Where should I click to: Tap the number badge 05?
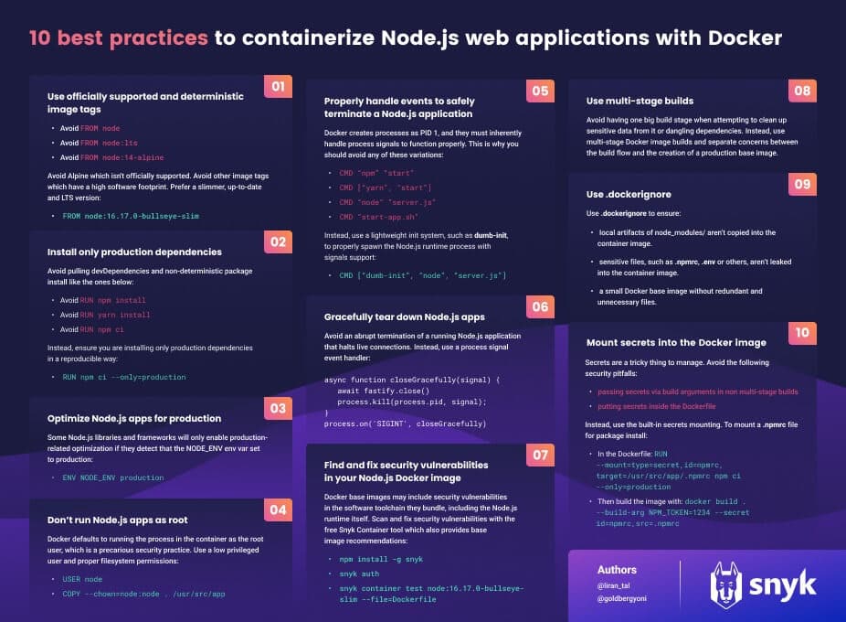coord(540,91)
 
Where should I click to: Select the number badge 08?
coord(801,91)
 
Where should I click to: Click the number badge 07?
coord(540,455)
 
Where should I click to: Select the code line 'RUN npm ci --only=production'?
coord(123,377)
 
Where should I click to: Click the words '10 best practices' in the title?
coord(119,38)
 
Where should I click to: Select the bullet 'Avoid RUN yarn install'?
coord(102,315)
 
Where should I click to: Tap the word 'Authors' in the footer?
coord(617,570)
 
